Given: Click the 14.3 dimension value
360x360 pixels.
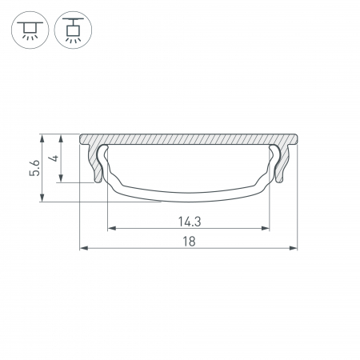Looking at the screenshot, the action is [x=190, y=222].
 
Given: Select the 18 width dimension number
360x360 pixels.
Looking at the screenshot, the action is [x=189, y=242].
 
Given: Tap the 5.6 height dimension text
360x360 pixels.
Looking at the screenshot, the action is [x=34, y=168].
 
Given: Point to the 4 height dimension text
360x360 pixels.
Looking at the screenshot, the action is [x=54, y=158].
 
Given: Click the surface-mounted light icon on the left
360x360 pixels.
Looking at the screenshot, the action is [x=30, y=30].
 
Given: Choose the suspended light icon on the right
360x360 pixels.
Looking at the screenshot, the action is [x=73, y=30].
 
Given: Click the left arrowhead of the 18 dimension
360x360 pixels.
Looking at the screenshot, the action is [x=84, y=248].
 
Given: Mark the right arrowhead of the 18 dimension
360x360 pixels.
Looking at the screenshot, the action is [x=293, y=248].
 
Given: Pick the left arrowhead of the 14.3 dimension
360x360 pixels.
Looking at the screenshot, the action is [x=112, y=228].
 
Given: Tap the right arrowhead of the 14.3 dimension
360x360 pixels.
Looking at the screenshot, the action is [x=266, y=228].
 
